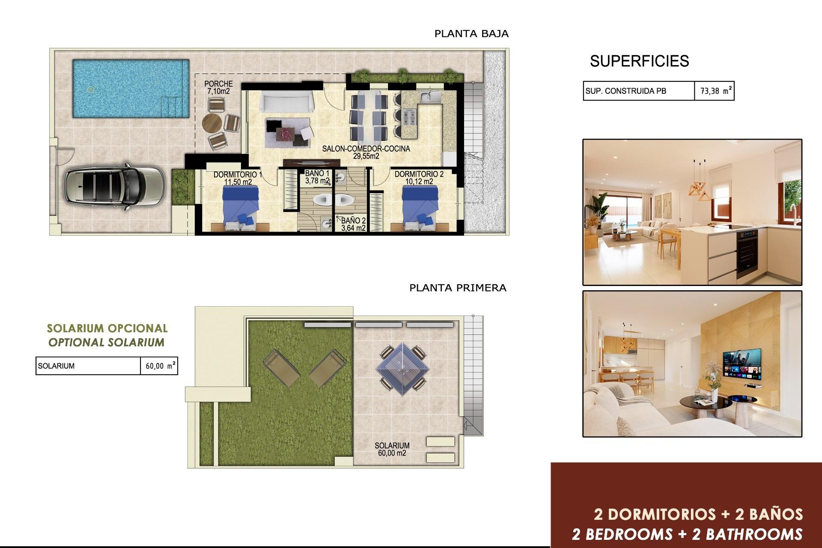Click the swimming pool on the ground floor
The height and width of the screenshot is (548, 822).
tap(131, 88)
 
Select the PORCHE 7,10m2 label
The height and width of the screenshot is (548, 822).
tap(218, 87)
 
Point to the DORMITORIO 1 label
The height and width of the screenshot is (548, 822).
tap(238, 178)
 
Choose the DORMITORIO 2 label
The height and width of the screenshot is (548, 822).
tap(419, 178)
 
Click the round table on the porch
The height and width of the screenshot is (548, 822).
tap(212, 123)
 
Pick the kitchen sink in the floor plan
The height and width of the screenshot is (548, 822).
tap(430, 97)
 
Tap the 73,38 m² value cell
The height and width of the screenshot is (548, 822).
tap(714, 91)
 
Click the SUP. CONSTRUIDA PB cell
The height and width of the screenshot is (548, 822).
tap(638, 91)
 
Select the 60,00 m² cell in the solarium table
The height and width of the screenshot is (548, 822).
tap(159, 366)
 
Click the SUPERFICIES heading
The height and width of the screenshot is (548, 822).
tap(639, 61)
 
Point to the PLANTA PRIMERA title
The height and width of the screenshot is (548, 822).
tap(458, 288)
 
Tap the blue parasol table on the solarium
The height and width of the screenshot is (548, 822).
tap(402, 368)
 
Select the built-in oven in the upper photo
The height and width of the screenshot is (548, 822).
tap(747, 253)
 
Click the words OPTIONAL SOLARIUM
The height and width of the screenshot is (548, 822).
tap(106, 342)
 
